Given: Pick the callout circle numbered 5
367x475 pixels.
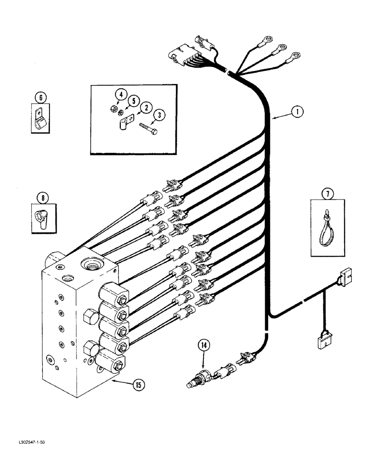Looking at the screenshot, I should pyautogui.click(x=134, y=100).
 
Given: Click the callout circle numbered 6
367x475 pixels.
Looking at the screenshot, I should pyautogui.click(x=41, y=98).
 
